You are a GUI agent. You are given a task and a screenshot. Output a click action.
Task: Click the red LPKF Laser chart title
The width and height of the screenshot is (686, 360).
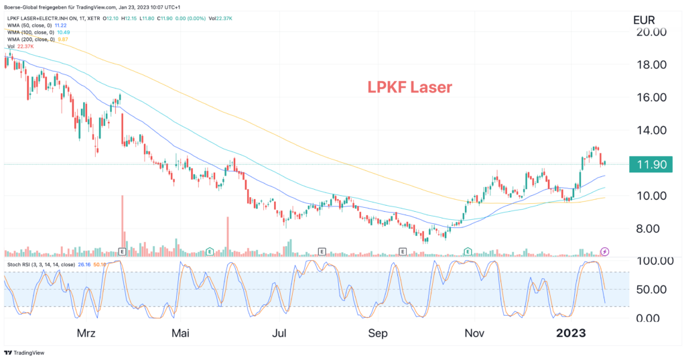[409, 87]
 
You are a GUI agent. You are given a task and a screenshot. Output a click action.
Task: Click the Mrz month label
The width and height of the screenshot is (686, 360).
[86, 333]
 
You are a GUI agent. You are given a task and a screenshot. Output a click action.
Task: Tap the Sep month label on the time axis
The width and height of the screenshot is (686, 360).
[379, 333]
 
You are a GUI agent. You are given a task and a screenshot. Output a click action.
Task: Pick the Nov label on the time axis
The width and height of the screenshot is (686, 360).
[475, 333]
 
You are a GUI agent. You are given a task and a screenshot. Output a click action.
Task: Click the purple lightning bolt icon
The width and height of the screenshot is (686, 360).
[605, 251]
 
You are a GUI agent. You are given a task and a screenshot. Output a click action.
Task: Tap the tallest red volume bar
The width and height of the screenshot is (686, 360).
[122, 221]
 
